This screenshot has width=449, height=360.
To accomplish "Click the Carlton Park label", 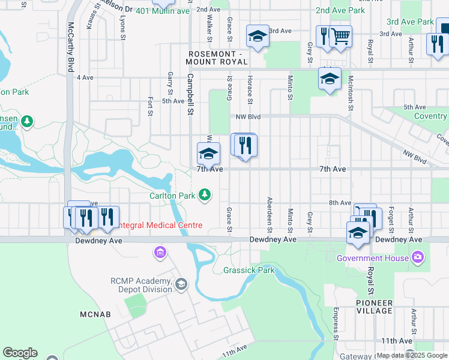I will [x=172, y=195].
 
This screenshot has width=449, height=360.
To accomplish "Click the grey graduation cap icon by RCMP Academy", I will [x=181, y=283].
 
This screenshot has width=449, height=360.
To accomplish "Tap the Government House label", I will [x=373, y=258].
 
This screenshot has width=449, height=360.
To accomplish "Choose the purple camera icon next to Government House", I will [x=418, y=257].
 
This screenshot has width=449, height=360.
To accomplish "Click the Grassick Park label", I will [x=249, y=270].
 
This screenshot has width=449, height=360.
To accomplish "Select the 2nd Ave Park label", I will [x=340, y=11].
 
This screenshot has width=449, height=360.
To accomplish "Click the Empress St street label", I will [x=334, y=325].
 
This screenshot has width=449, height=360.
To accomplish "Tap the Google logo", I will [x=20, y=353].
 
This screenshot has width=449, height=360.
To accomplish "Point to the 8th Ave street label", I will [x=340, y=203].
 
